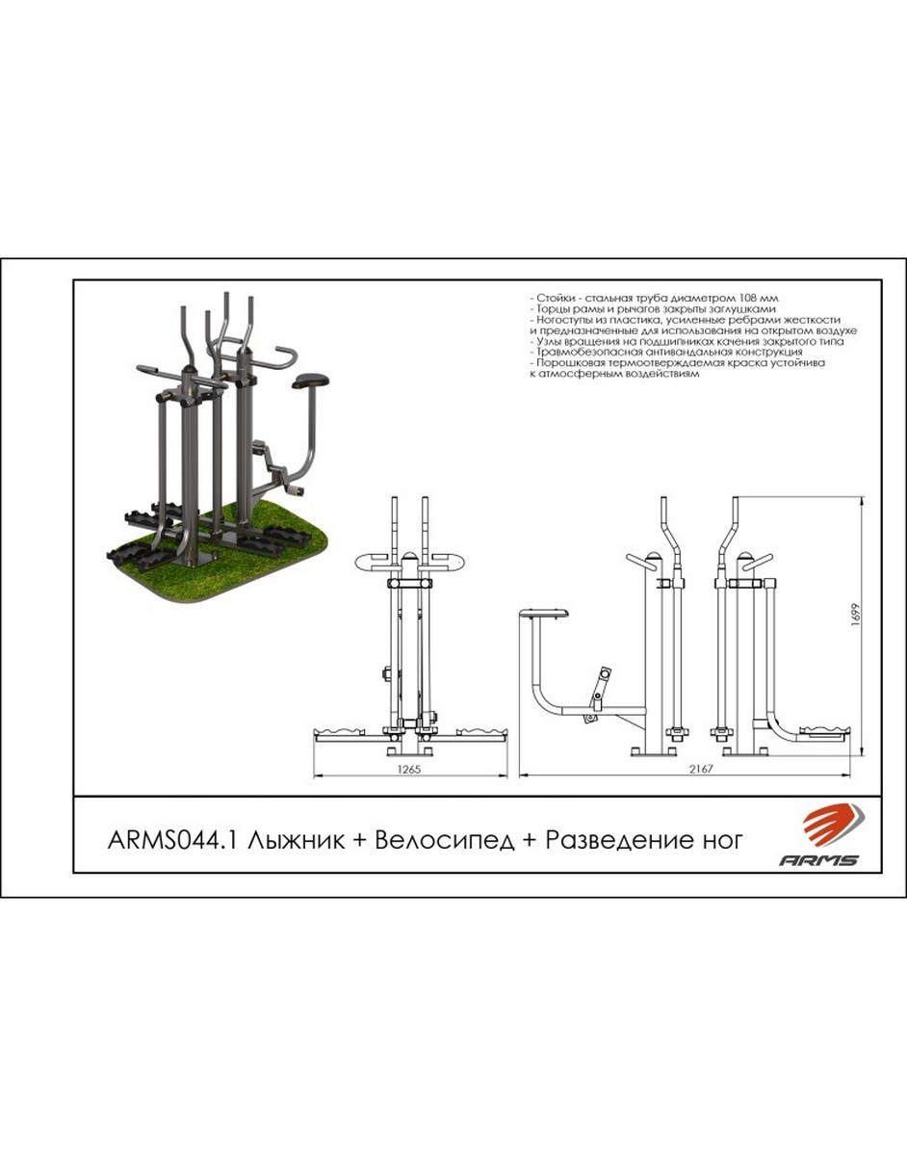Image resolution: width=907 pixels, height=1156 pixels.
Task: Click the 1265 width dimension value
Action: click(409, 770)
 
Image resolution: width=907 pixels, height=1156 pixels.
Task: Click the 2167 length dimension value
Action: click(701, 770)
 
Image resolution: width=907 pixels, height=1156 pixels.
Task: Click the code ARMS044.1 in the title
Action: click(174, 841)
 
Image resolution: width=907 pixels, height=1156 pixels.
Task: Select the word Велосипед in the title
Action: click(445, 842)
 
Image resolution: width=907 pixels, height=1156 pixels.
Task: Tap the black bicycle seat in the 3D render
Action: click(310, 381)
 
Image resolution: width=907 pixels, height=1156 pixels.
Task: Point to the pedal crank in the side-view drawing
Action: click(599, 693)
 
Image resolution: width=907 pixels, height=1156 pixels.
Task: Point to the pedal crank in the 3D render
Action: click(278, 466)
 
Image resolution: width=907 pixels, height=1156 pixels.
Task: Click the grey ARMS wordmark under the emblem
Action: click(818, 860)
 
